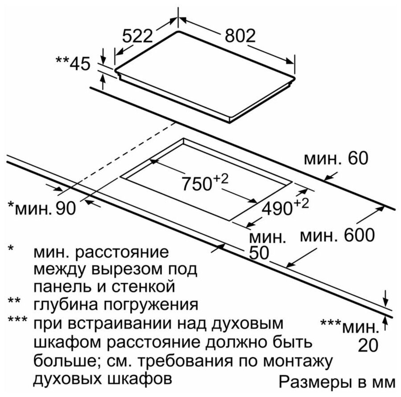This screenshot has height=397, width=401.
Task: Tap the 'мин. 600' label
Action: (x=337, y=235)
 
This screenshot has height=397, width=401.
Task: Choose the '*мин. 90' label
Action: (x=42, y=207)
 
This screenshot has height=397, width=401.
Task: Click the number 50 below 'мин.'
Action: (x=260, y=253)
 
